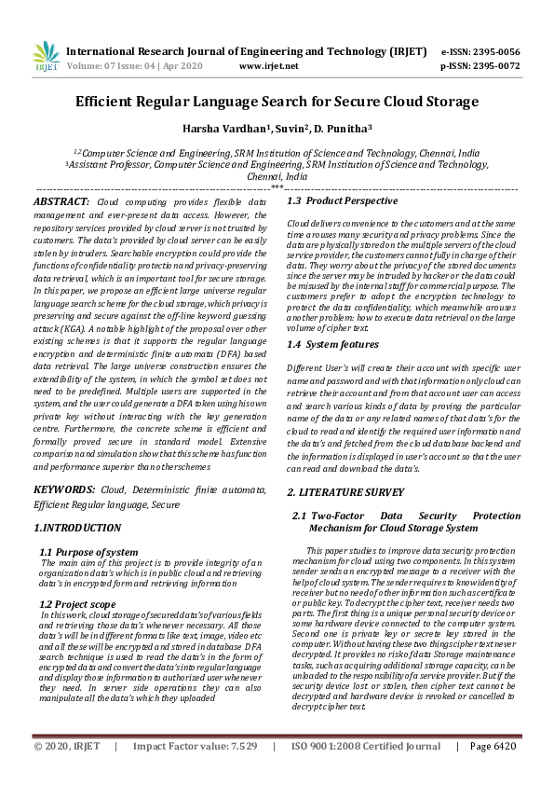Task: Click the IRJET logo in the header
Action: pos(46,58)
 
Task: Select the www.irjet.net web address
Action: pos(269,66)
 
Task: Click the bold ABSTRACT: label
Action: pos(62,201)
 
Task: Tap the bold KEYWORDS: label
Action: pos(64,489)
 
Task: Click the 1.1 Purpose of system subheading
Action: pos(89,552)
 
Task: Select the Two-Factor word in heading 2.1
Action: pos(342,516)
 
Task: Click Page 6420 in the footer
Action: pos(493,772)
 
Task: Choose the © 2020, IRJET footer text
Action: pos(66,772)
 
